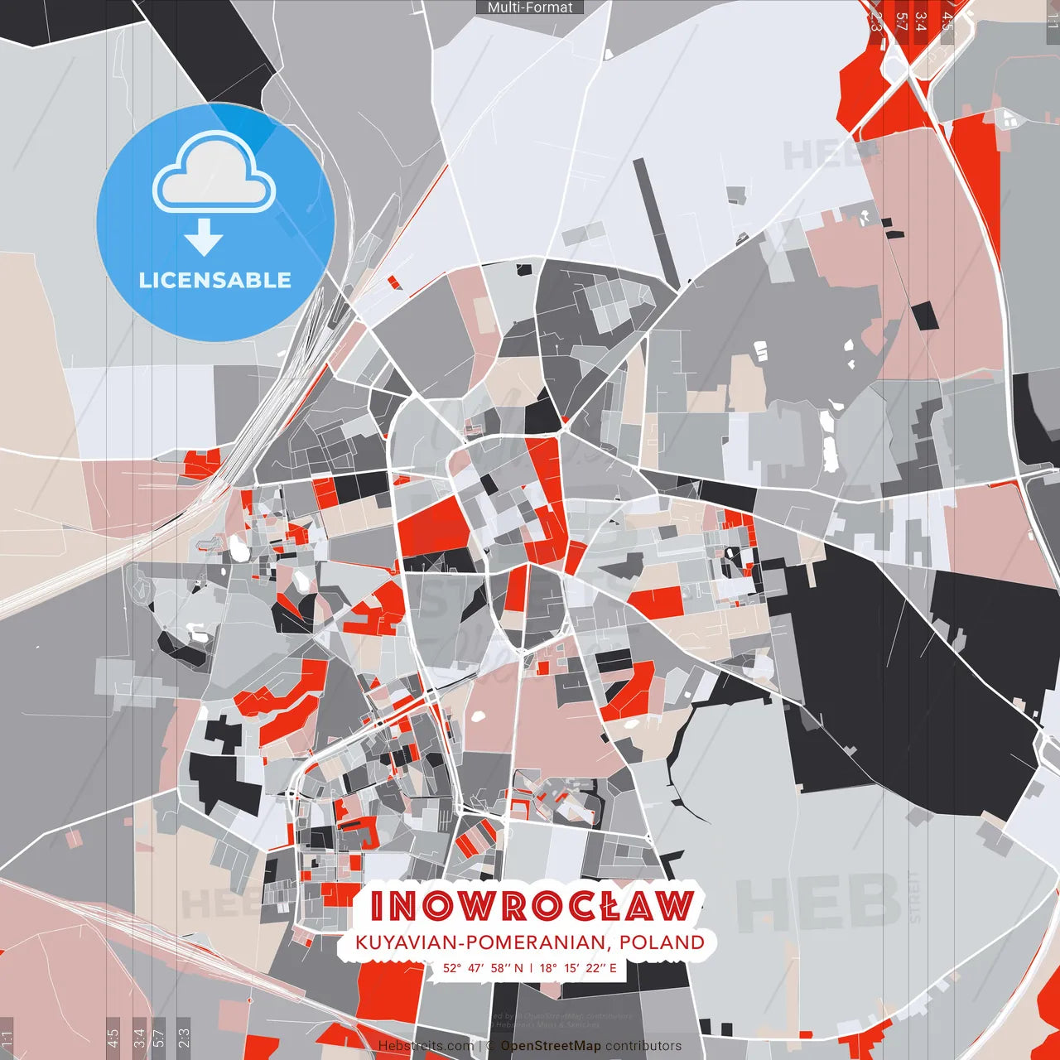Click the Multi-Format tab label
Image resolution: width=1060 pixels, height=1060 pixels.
tap(530, 7)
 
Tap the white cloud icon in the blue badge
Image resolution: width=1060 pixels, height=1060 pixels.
tap(214, 174)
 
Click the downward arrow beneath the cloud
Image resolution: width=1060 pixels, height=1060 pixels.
tap(204, 237)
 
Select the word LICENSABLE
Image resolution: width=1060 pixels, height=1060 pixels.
tap(214, 280)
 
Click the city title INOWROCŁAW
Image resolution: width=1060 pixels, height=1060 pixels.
tap(532, 906)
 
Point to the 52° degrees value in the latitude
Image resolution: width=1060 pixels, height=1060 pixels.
tap(451, 967)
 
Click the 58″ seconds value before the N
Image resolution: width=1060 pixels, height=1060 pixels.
tap(502, 967)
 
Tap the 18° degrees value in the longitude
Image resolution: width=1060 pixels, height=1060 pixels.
tap(548, 967)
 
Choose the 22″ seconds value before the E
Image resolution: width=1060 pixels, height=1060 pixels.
tap(595, 967)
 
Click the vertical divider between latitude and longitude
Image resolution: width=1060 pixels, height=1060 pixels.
tap(531, 967)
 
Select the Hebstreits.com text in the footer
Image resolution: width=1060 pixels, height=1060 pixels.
tap(426, 1046)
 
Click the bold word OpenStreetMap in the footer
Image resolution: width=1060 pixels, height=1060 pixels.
tap(551, 1046)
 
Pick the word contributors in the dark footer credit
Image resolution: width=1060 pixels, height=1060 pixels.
tap(643, 1046)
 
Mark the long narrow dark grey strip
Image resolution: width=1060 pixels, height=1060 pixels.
tap(656, 223)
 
